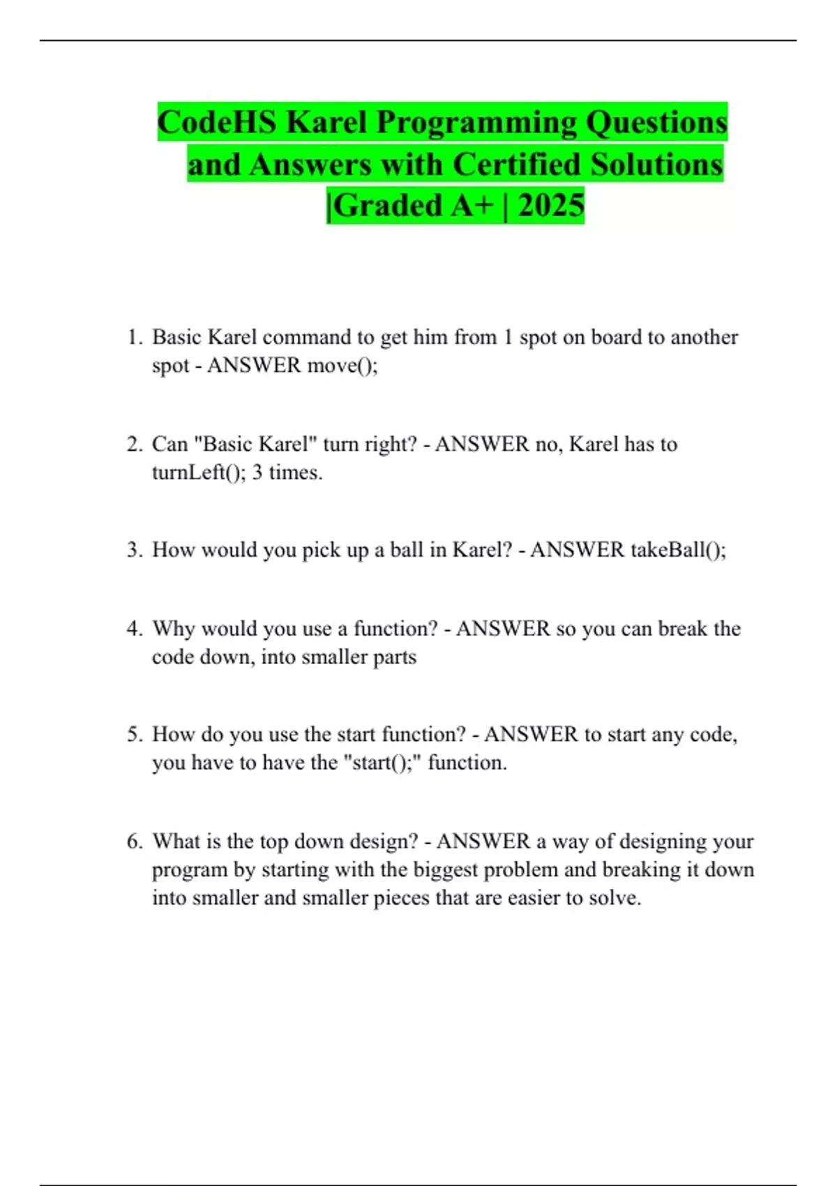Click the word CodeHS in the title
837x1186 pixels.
point(217,123)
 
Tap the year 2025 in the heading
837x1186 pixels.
point(550,206)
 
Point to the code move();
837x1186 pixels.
point(342,366)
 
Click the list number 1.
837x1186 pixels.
point(134,338)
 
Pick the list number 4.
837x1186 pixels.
point(134,629)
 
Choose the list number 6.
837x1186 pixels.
point(134,841)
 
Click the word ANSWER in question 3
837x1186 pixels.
point(577,550)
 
